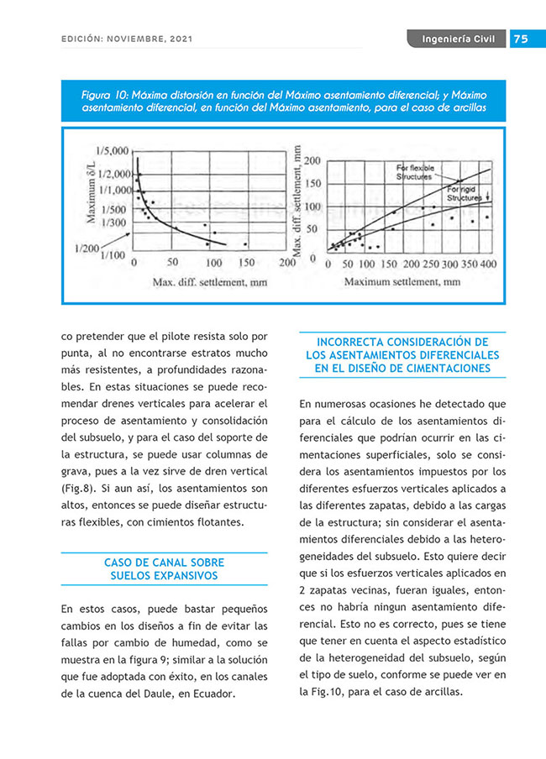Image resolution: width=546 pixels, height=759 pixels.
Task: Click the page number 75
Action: (x=520, y=39)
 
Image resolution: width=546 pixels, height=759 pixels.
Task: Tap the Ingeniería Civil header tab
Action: (x=458, y=39)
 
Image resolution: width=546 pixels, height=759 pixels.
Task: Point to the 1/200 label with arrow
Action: (x=87, y=248)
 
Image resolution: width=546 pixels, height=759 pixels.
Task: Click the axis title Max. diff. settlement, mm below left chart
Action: (x=209, y=282)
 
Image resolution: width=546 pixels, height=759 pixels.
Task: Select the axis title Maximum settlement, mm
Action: (x=402, y=282)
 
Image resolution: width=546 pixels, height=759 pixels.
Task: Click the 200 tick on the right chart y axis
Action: (x=312, y=160)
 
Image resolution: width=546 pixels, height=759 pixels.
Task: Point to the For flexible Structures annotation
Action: (x=415, y=173)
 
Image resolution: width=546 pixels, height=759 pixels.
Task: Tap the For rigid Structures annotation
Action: (x=465, y=195)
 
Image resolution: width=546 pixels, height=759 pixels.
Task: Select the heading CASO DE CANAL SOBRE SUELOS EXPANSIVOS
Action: (x=164, y=568)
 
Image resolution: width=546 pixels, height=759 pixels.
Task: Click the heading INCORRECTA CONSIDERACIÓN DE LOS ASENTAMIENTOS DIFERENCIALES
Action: (x=402, y=355)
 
